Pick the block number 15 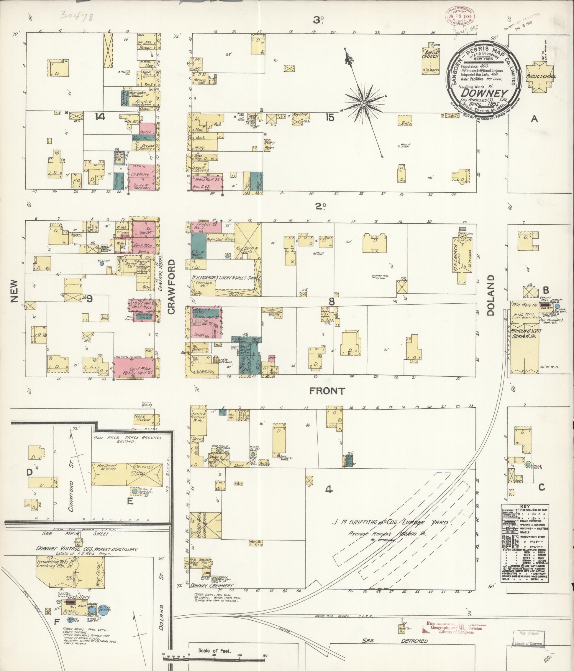coord(330,118)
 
